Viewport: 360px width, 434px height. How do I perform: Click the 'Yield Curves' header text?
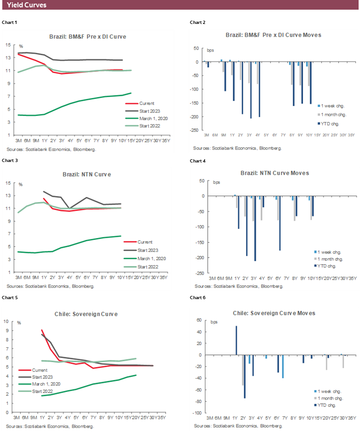pyautogui.click(x=27, y=5)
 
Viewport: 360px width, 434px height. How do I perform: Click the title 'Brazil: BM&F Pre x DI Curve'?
pyautogui.click(x=87, y=36)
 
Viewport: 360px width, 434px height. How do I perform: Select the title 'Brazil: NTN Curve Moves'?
pyautogui.click(x=274, y=173)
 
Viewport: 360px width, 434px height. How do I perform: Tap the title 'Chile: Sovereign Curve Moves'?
pyautogui.click(x=274, y=313)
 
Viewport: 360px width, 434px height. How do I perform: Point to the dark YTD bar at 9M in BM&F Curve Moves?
pyautogui.click(x=225, y=76)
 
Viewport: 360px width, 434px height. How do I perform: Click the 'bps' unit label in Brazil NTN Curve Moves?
pyautogui.click(x=217, y=182)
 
